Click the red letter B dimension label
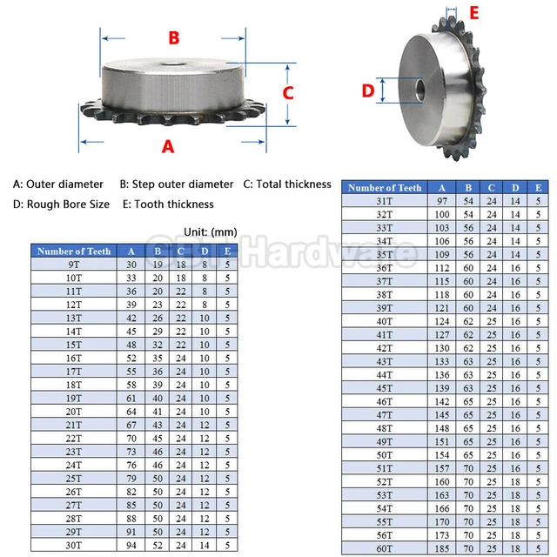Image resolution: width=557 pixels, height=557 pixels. coord(174,37)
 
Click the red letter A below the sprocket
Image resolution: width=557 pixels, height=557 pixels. coord(168,146)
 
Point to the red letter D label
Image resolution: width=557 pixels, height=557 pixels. coord(368,90)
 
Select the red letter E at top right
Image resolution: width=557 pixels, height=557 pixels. coord(473,12)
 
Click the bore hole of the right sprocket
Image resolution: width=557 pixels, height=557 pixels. coord(419,90)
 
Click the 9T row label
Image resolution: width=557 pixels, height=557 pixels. coord(74,264)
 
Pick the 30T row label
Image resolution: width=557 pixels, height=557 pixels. coord(74,545)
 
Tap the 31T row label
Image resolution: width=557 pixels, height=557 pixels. coord(385,201)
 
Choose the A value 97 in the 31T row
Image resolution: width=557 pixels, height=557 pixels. coord(443,201)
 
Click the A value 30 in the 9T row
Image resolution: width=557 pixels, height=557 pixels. coord(131,264)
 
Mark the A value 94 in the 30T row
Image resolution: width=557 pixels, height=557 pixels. coord(131,545)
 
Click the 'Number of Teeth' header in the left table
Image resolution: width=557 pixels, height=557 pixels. coord(75,251)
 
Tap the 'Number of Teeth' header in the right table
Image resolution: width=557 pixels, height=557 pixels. coord(385,187)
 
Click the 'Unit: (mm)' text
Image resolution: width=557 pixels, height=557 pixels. coord(211,232)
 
